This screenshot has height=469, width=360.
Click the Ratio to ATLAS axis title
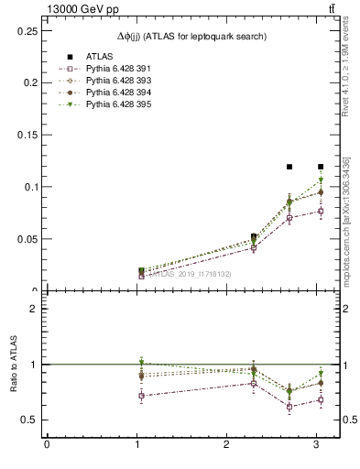[x=12, y=364]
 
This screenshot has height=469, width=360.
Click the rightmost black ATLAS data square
[x=321, y=167]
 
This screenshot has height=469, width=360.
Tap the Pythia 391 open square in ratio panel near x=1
[x=141, y=396]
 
